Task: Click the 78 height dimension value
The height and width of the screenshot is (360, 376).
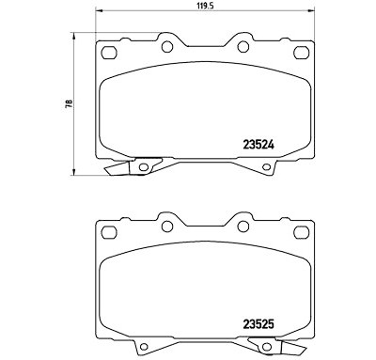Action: point(69,103)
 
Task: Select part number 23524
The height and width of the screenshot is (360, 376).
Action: point(258,145)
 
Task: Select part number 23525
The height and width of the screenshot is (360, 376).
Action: point(258,324)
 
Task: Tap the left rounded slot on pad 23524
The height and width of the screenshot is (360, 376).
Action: point(109,53)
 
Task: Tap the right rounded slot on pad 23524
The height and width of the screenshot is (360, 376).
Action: point(302,53)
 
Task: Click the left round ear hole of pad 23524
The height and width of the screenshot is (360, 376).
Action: point(167,47)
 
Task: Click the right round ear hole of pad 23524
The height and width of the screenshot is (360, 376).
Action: point(243,47)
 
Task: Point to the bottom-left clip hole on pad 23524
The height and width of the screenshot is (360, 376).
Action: point(144,167)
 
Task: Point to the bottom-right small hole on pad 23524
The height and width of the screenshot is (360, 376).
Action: point(266,167)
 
